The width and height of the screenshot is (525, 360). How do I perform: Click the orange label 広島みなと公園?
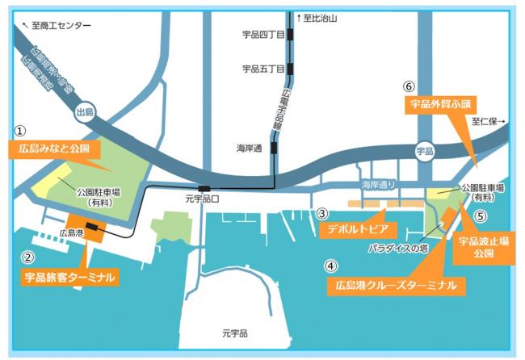(x=54, y=150)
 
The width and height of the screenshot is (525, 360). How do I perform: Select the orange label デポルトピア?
(x=355, y=228)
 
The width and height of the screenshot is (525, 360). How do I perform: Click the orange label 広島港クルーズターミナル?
(x=396, y=285)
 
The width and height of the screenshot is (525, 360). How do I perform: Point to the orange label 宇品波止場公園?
(x=484, y=246)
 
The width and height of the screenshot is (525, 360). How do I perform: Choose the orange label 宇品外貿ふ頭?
(x=440, y=104)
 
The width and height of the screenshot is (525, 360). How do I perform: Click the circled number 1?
(x=21, y=129)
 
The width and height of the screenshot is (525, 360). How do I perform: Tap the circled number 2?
(x=27, y=258)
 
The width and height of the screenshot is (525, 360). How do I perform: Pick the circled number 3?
(x=321, y=214)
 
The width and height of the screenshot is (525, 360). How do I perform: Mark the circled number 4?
(x=330, y=265)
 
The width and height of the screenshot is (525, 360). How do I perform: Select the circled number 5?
(x=481, y=216)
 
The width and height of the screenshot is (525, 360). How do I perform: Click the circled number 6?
(x=409, y=86)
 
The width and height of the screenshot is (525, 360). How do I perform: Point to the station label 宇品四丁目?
(x=263, y=36)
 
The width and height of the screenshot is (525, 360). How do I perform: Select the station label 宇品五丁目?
(x=263, y=69)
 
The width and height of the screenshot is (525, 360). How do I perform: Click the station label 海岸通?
(x=251, y=149)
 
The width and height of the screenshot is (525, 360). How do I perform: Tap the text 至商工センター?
(x=61, y=26)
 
